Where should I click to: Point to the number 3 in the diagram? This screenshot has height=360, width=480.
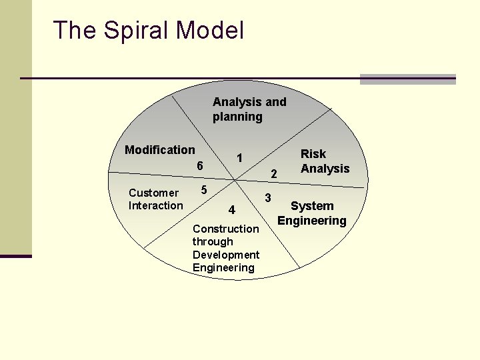(268, 198)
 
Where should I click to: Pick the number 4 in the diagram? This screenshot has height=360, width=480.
(231, 211)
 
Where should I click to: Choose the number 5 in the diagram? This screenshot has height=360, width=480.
(205, 190)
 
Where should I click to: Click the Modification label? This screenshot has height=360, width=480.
(160, 150)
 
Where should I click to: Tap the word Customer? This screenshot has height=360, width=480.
(153, 193)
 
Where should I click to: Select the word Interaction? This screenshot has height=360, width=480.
(155, 205)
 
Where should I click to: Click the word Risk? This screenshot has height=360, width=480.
(313, 154)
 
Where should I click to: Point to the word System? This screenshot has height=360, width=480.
(312, 207)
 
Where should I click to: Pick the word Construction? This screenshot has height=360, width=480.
(225, 229)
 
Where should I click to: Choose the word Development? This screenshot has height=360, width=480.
(226, 255)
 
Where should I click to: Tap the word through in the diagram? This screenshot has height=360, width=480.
(213, 241)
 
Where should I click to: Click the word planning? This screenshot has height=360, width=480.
(237, 117)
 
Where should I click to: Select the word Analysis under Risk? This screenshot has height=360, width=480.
(325, 169)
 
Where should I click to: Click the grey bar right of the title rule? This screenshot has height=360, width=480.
(407, 79)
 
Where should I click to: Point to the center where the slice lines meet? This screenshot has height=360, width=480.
(233, 179)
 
